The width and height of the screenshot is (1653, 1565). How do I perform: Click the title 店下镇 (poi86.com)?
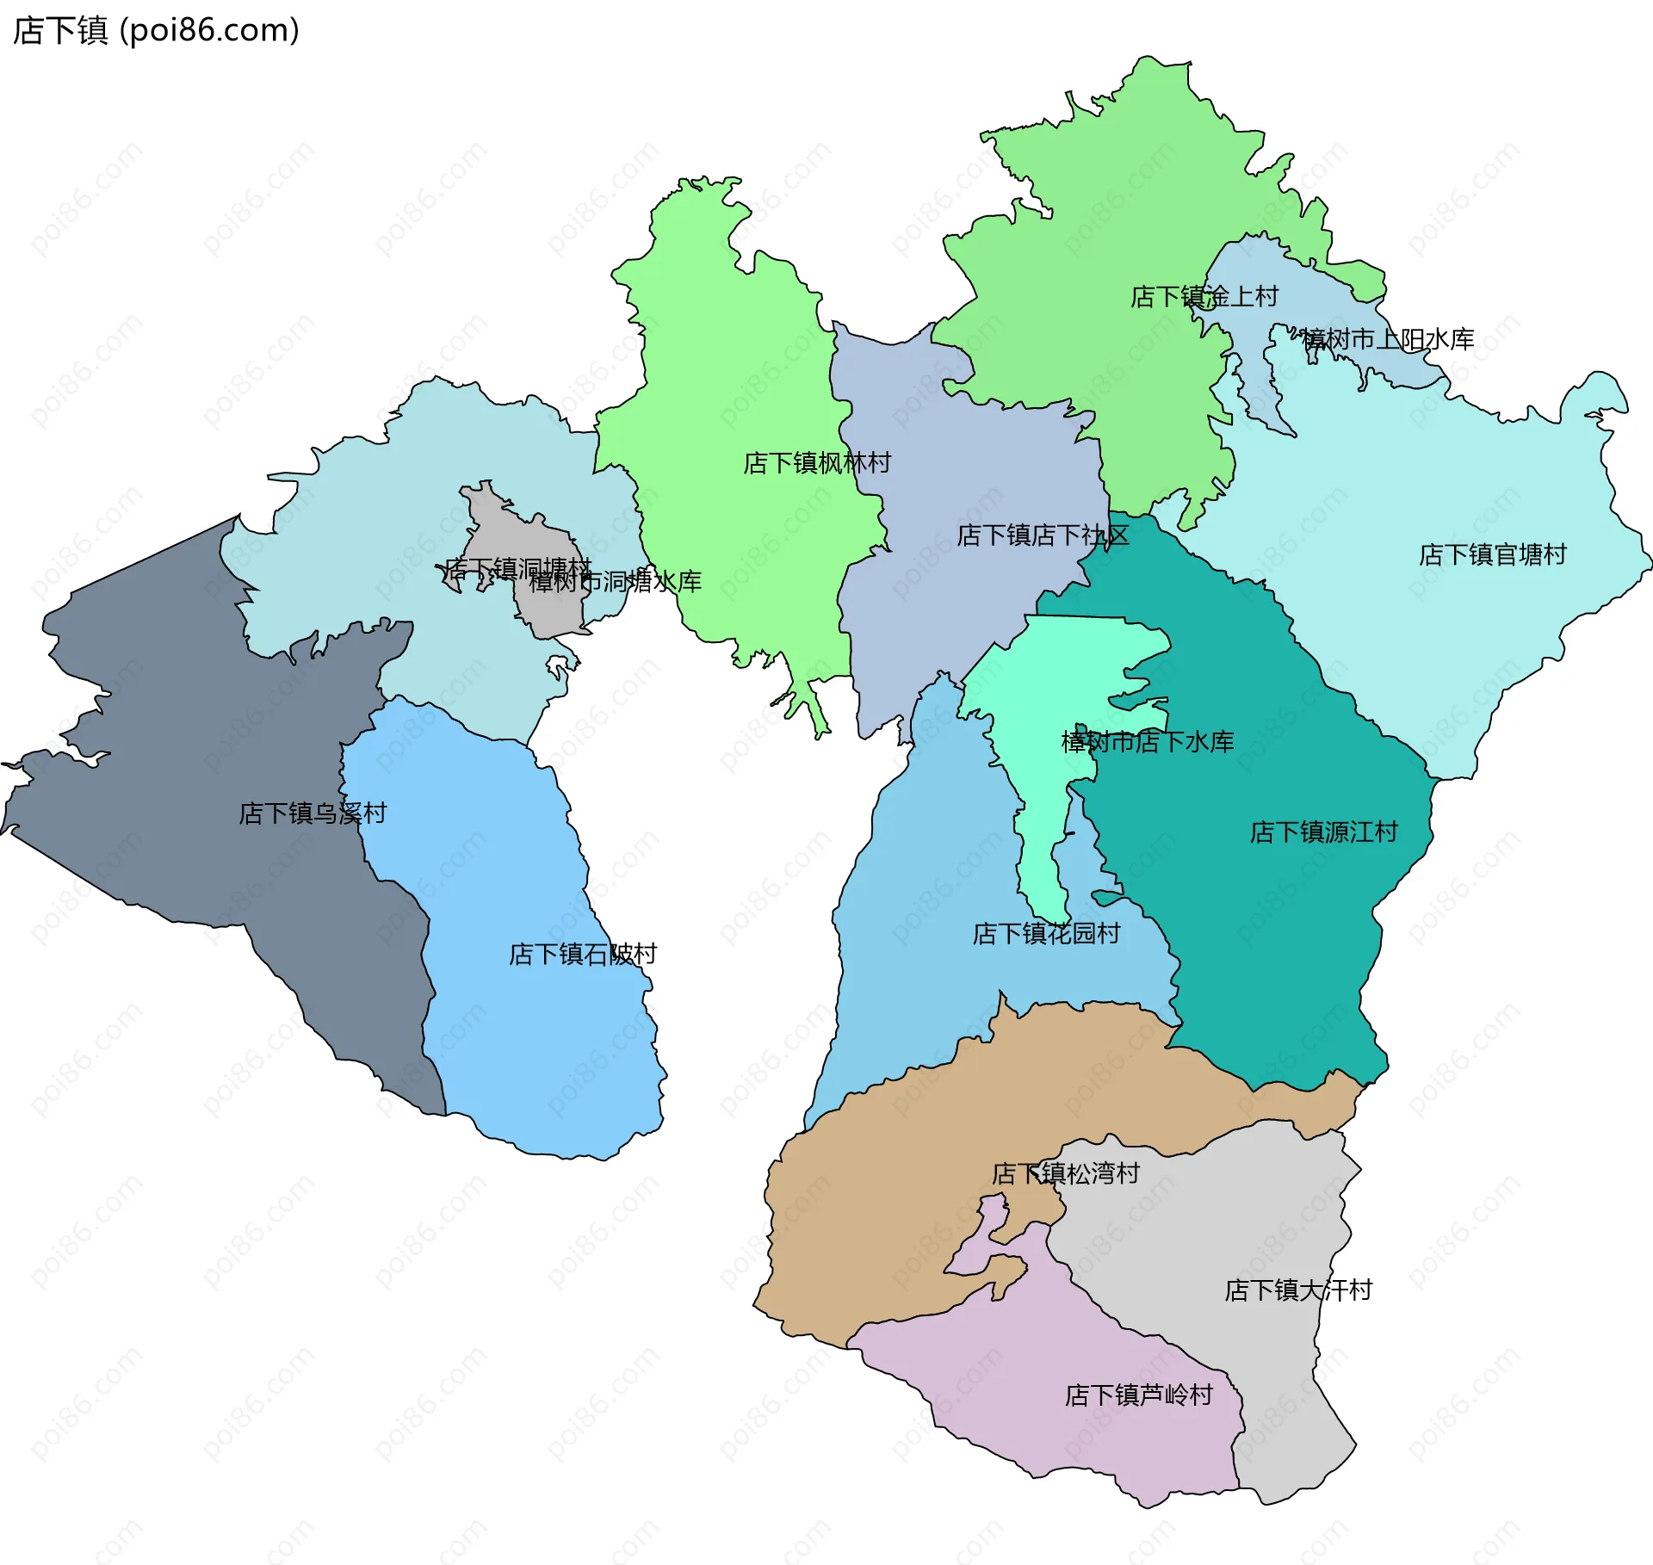click(156, 30)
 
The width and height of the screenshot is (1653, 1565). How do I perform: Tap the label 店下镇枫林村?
click(816, 463)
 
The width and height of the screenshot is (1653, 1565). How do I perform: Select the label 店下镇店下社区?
click(1042, 535)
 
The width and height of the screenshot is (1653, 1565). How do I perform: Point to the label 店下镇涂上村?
click(1204, 297)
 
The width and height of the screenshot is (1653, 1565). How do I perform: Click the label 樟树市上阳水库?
click(1388, 339)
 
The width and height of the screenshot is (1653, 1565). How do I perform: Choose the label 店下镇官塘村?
click(1492, 554)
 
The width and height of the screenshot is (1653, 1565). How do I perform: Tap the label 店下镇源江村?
click(1323, 832)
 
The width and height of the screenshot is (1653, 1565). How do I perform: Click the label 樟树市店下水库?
click(1147, 742)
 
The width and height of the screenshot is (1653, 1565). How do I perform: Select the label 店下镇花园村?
click(1045, 934)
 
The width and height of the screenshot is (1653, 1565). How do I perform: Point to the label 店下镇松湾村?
click(1065, 1174)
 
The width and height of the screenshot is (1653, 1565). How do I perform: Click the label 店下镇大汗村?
click(1297, 1290)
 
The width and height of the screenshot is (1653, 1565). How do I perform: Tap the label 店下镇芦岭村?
click(1138, 1395)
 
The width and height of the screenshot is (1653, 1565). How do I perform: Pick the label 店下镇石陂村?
click(582, 955)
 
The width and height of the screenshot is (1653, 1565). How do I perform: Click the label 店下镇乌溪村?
click(313, 813)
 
